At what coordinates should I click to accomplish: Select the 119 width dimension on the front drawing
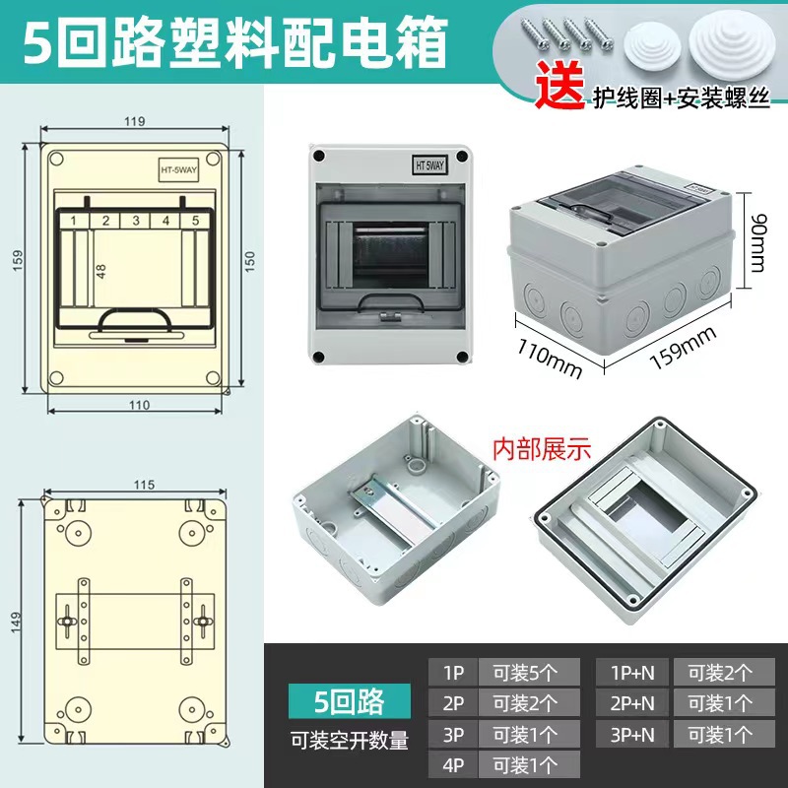click(136, 121)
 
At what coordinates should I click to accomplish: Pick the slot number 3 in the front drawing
click(136, 221)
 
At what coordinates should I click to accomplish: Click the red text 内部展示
click(541, 449)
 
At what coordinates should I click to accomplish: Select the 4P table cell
click(453, 764)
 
